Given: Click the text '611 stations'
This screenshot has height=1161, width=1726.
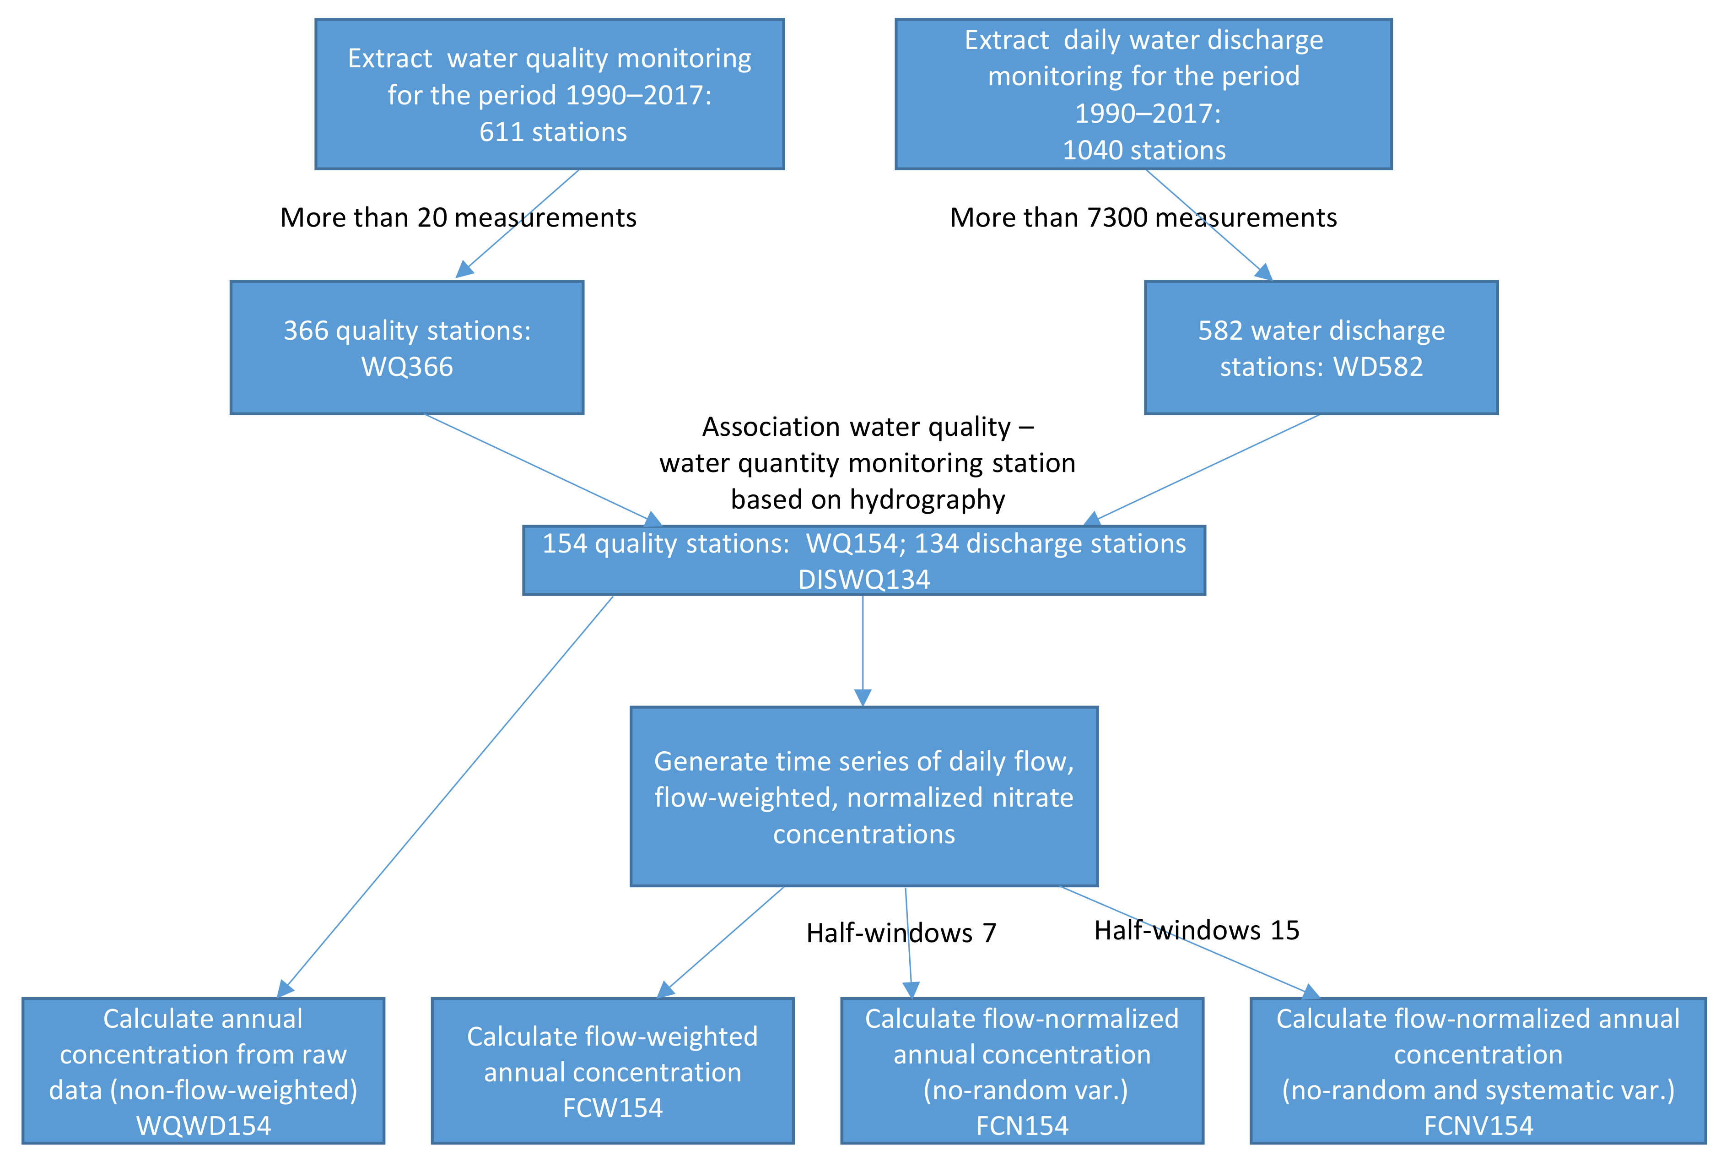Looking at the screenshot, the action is pos(553,132).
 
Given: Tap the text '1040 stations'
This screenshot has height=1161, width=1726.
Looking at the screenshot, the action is pos(1144,150).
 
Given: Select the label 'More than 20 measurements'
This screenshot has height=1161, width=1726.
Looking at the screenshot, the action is pos(458,218).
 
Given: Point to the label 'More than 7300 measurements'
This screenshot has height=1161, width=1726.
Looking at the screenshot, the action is pos(1143,218).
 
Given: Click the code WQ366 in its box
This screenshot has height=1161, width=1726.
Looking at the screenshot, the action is pos(407,367).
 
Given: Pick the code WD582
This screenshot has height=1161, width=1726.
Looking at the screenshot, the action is pos(1378,367).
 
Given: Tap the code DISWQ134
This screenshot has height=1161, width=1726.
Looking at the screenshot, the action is pos(864,579).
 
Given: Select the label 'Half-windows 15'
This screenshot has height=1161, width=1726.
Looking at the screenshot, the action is pos(1197,930).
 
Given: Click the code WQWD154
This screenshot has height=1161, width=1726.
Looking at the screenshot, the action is pos(204,1125).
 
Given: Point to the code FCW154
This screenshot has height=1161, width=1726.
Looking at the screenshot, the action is pos(613,1108).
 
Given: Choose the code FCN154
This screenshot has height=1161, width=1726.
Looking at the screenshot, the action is pos(1022,1125).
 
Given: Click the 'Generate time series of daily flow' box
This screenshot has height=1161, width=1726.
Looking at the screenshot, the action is pos(864,797).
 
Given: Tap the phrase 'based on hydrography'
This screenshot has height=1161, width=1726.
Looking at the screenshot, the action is pos(868,500).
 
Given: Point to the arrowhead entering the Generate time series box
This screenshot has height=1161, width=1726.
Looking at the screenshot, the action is pos(863,698).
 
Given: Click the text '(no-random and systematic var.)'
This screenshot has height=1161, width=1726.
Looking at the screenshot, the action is pos(1478,1090).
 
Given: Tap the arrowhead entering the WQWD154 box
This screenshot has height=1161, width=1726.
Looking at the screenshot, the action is pos(285,988).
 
